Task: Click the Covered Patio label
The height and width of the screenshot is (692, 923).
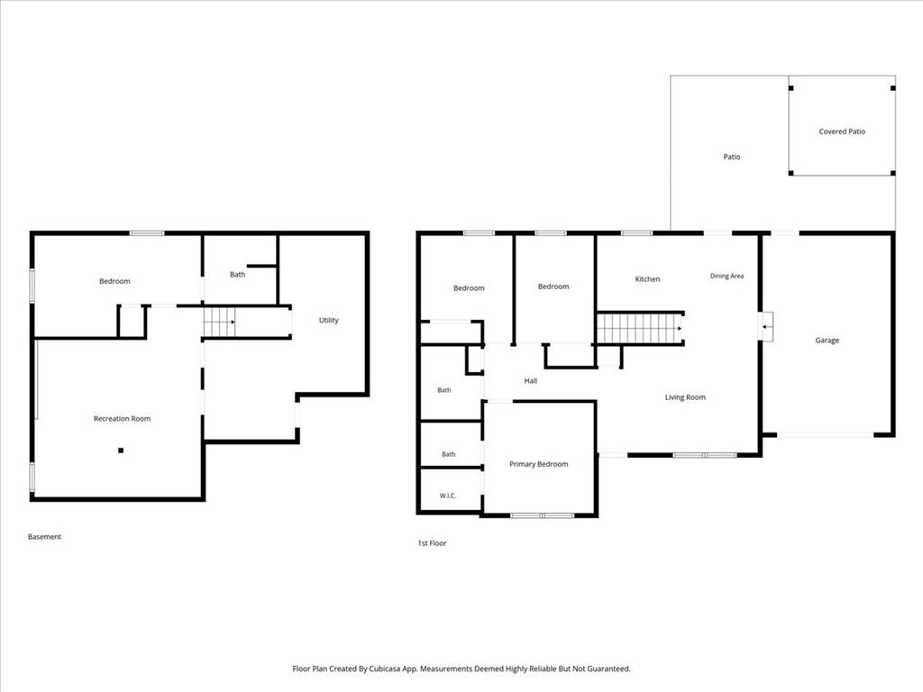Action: pos(842,132)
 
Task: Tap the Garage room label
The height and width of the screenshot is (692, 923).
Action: pos(827,340)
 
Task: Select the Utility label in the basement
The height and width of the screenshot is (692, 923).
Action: pos(328,320)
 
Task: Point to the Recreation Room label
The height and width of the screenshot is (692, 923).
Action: pos(122,418)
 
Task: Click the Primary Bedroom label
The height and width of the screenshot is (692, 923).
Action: pos(539,464)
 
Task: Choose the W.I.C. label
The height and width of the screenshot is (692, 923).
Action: pos(448,496)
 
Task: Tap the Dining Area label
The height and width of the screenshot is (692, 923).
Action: pos(727,276)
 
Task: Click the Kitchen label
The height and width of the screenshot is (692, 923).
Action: pos(647,279)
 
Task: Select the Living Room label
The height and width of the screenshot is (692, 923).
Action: pos(685,397)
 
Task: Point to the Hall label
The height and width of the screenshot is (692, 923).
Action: pos(530,381)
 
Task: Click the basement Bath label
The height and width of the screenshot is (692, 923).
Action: pos(237,274)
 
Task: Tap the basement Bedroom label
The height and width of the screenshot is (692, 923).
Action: pos(114,281)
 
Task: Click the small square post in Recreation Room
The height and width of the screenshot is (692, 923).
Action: pos(121,451)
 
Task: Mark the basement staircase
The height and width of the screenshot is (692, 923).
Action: pos(219,322)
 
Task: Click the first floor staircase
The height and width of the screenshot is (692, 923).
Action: pos(640,328)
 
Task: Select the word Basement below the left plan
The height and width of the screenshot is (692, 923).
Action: pos(45,537)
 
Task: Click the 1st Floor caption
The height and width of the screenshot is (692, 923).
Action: pos(432,543)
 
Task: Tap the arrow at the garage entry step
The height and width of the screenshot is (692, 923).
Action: pos(767,326)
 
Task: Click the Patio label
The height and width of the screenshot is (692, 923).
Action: pos(732,157)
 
